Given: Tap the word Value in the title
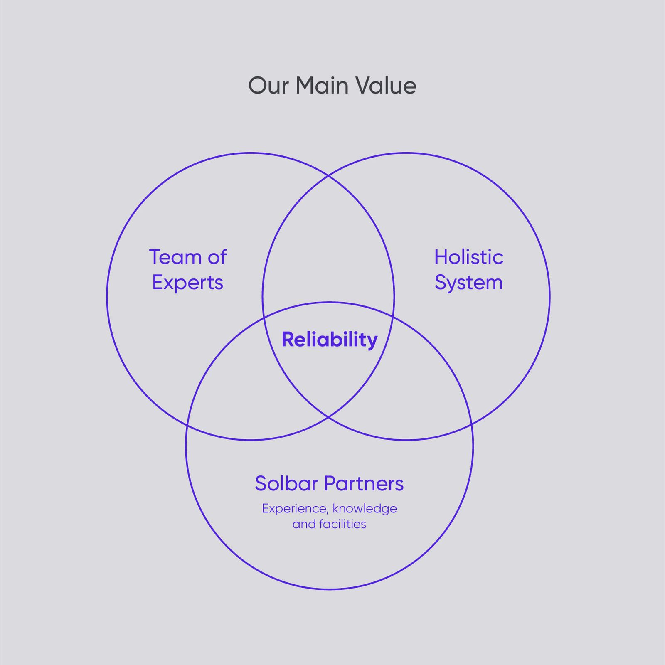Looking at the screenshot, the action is tap(386, 86).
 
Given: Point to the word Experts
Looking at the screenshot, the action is tap(188, 283).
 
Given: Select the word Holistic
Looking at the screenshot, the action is tap(469, 257).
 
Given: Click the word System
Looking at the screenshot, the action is tap(469, 283).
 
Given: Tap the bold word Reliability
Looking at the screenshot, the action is tap(330, 340).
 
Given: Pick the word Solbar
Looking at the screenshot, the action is tap(286, 483).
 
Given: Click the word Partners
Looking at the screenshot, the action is tap(364, 483).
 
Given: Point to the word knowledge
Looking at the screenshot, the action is tap(365, 509).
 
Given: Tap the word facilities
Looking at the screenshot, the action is tap(342, 524).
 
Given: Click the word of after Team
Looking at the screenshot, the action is tap(217, 257).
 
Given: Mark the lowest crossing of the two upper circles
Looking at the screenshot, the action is tap(328, 416).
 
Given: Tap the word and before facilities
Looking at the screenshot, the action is tap(304, 524).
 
